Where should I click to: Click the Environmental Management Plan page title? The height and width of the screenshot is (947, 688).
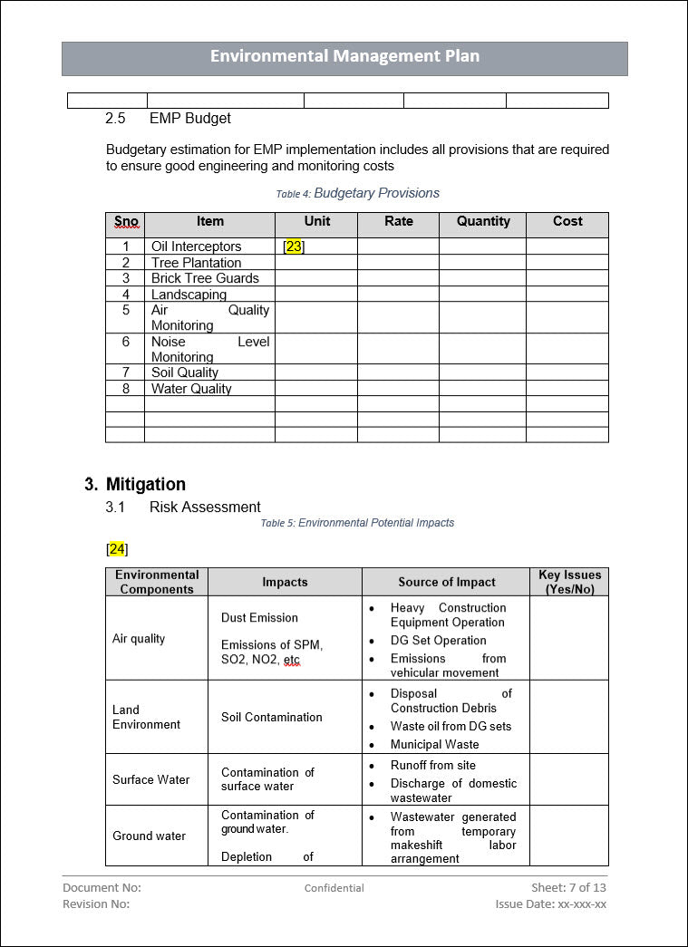click(344, 56)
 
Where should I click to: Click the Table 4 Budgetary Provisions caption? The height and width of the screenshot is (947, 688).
click(357, 193)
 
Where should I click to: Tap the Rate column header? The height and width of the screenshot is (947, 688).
click(398, 221)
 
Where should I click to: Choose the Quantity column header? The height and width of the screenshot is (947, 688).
click(483, 221)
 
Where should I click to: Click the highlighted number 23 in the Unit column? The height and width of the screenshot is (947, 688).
click(294, 246)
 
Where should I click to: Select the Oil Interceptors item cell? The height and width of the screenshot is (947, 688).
click(196, 246)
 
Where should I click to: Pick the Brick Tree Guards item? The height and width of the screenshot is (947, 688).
click(205, 278)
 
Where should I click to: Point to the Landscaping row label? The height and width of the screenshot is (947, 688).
click(189, 295)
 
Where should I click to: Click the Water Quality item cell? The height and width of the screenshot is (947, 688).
click(191, 389)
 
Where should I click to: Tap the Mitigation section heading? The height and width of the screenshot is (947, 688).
click(145, 484)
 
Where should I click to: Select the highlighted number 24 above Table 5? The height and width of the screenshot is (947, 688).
click(117, 549)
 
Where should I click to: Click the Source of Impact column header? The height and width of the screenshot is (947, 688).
click(446, 582)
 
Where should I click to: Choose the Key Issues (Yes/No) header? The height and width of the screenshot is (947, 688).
click(569, 582)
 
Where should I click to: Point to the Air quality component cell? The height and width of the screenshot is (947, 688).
click(139, 638)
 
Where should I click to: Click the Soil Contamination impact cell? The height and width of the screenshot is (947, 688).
click(271, 717)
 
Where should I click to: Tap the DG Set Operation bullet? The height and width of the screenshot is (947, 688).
click(438, 640)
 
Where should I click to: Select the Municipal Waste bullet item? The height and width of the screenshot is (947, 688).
click(434, 744)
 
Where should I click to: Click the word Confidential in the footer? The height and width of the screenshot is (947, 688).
click(334, 888)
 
